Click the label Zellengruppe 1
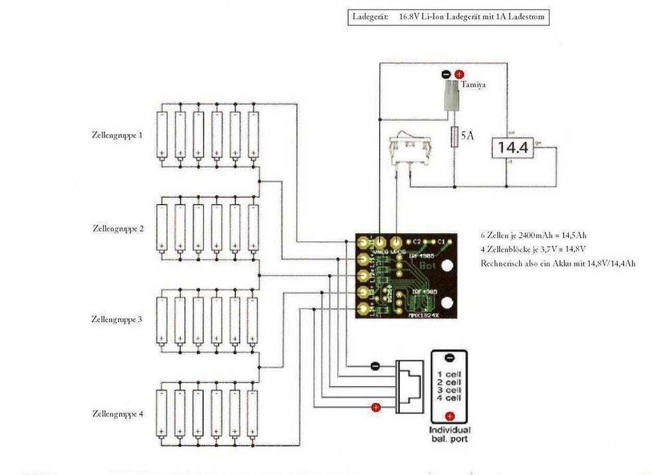(116, 135)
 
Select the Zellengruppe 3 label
(116, 319)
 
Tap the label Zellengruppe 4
(116, 414)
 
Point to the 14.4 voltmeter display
(512, 149)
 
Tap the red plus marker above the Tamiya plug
(458, 75)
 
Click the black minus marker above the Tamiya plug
(446, 75)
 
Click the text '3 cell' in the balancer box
(448, 390)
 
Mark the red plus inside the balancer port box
(449, 417)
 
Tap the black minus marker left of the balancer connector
(375, 366)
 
